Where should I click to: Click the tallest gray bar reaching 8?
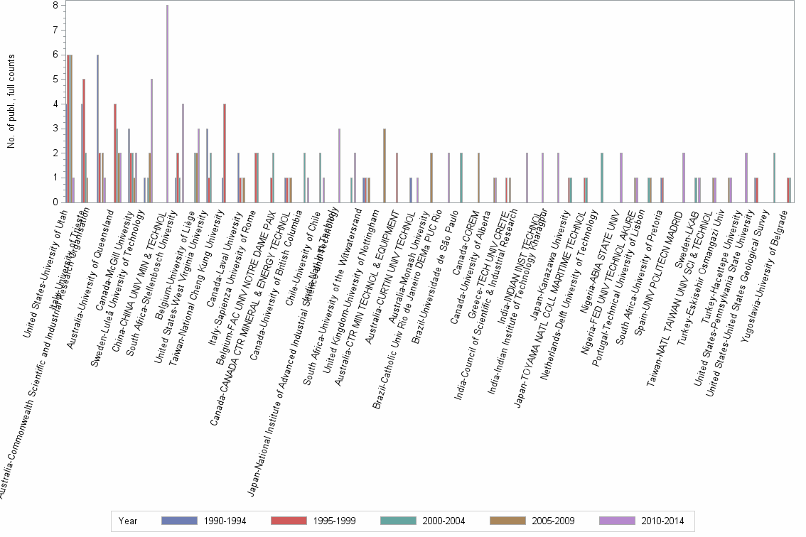tap(167, 104)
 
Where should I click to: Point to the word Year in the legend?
tap(129, 521)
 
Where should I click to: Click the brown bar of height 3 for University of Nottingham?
tap(385, 166)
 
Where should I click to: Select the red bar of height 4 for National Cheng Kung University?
tap(225, 153)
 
